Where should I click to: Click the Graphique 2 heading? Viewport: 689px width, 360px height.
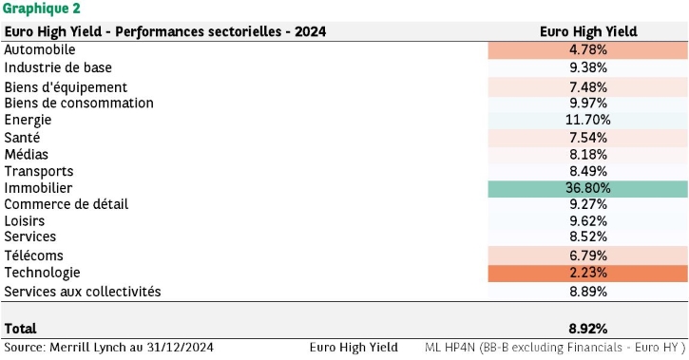pyautogui.click(x=41, y=9)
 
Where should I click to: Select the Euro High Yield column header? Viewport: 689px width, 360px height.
pyautogui.click(x=588, y=31)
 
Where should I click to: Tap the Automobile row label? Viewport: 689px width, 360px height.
pyautogui.click(x=40, y=49)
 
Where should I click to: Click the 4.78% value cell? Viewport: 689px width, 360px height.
pyautogui.click(x=588, y=50)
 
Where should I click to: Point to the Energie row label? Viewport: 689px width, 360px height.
pyautogui.click(x=28, y=120)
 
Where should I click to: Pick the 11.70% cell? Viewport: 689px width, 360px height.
pyautogui.click(x=588, y=120)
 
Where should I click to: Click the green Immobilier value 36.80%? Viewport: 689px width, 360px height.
pyautogui.click(x=588, y=188)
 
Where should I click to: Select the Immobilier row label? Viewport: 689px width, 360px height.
pyautogui.click(x=38, y=188)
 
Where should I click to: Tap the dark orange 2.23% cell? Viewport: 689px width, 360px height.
pyautogui.click(x=588, y=273)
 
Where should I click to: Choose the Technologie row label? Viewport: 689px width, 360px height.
pyautogui.click(x=42, y=273)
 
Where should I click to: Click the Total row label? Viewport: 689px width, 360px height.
pyautogui.click(x=20, y=329)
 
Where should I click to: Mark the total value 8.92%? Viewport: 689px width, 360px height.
pyautogui.click(x=588, y=329)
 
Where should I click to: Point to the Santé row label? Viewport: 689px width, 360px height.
pyautogui.click(x=22, y=138)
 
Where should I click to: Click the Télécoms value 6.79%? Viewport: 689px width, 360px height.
pyautogui.click(x=588, y=256)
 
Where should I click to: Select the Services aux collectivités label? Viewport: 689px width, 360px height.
pyautogui.click(x=83, y=292)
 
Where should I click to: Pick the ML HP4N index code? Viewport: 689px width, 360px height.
pyautogui.click(x=450, y=348)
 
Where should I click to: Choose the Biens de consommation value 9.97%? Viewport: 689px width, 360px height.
pyautogui.click(x=588, y=104)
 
